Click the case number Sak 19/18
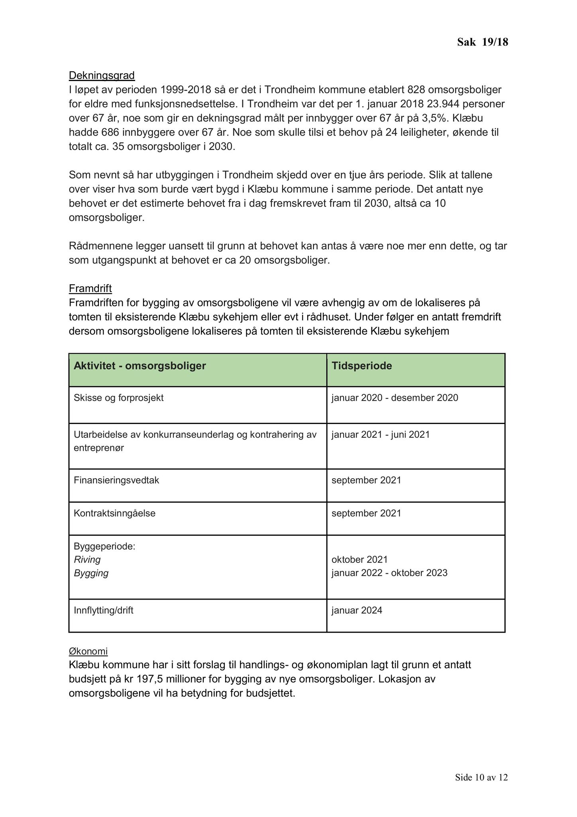pyautogui.click(x=482, y=42)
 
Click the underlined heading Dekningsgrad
pyautogui.click(x=102, y=75)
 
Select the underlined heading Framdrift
pyautogui.click(x=90, y=288)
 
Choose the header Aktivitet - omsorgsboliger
pyautogui.click(x=139, y=366)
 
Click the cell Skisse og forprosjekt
pyautogui.click(x=118, y=398)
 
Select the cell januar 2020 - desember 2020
pyautogui.click(x=394, y=398)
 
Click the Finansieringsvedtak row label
pyautogui.click(x=116, y=480)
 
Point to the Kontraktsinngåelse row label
pyautogui.click(x=114, y=513)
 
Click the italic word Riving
pyautogui.click(x=87, y=559)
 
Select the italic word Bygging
pyautogui.click(x=91, y=573)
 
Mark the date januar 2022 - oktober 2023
pyautogui.click(x=389, y=573)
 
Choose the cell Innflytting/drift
pyautogui.click(x=103, y=610)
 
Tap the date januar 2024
pyautogui.click(x=357, y=610)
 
